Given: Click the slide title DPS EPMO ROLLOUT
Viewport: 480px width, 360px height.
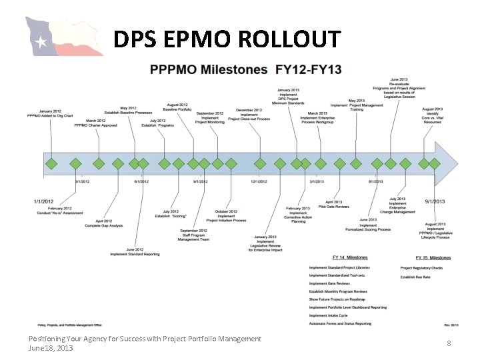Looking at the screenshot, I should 227,41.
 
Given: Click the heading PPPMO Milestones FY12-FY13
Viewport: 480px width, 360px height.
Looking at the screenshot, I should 245,69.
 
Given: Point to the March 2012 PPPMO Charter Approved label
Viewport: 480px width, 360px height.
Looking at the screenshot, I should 95,123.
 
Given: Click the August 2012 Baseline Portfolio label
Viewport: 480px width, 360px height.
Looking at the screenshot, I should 177,107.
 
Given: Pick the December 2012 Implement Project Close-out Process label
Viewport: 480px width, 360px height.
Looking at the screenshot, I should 249,115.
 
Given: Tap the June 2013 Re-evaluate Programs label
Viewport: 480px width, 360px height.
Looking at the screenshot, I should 399,88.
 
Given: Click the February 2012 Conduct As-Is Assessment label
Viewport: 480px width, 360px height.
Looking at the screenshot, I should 60,211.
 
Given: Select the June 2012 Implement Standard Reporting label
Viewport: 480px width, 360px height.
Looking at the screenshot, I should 135,252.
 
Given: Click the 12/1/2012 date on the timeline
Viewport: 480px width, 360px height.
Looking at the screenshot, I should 259,181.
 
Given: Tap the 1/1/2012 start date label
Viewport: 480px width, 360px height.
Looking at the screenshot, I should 43,201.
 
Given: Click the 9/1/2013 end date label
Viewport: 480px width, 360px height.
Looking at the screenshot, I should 435,201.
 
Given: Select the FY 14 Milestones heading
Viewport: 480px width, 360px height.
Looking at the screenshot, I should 349,257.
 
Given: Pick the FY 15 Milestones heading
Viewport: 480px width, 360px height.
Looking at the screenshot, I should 433,257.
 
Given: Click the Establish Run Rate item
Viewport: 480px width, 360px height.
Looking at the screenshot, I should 416,276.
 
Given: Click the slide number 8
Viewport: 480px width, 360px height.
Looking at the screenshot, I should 449,343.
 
